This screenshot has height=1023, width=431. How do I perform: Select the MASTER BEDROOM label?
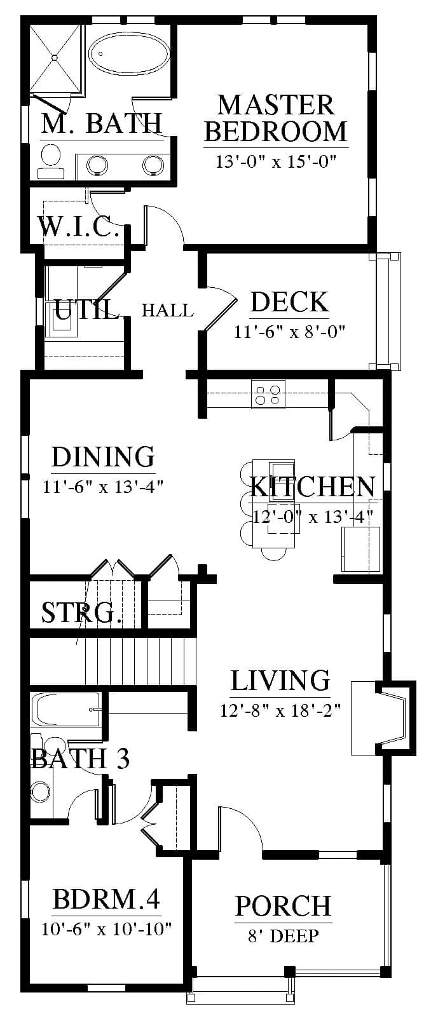click(x=276, y=118)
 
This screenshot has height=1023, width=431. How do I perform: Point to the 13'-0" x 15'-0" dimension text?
click(x=276, y=161)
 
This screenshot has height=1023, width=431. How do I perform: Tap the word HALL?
click(x=167, y=311)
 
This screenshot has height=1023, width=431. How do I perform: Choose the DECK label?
click(x=289, y=302)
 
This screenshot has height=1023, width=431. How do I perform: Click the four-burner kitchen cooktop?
click(x=268, y=395)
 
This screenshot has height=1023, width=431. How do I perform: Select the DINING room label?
click(x=103, y=457)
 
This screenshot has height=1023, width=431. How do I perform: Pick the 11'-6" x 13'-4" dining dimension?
click(x=103, y=487)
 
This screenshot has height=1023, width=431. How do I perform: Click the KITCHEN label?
click(x=313, y=487)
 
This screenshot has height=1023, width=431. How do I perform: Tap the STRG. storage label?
click(x=81, y=613)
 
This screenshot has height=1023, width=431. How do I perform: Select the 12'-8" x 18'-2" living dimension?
click(x=280, y=710)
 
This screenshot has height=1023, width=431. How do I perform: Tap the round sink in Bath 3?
click(x=41, y=790)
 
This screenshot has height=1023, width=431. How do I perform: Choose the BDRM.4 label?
click(x=107, y=899)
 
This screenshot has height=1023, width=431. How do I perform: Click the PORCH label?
click(x=283, y=905)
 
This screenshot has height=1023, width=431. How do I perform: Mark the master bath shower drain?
click(x=55, y=57)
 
